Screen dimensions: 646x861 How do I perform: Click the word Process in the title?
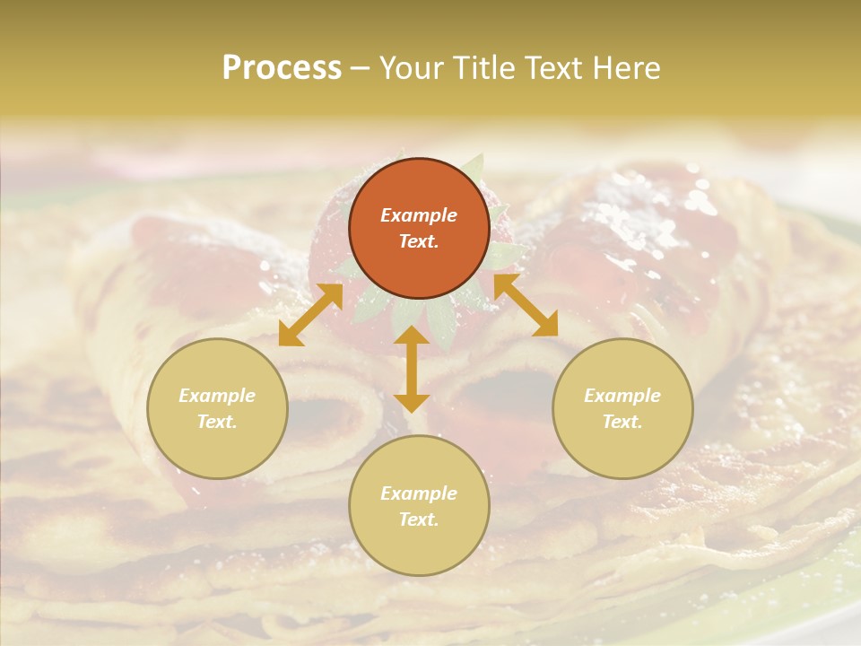(x=282, y=68)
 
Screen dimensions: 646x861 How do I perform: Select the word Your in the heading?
(x=413, y=68)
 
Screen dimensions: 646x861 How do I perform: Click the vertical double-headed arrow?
(x=412, y=369)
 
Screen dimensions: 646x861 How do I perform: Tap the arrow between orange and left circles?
(x=310, y=315)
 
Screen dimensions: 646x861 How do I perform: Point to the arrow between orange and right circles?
(x=526, y=305)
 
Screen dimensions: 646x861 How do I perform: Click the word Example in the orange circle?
(x=419, y=215)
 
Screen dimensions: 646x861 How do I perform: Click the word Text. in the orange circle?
(x=419, y=241)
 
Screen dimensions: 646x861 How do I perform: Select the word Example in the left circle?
(x=217, y=396)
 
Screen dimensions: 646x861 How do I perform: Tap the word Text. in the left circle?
(x=217, y=422)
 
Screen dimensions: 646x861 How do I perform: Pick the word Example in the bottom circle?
(x=419, y=493)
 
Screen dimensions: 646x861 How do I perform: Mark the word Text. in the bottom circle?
(x=419, y=519)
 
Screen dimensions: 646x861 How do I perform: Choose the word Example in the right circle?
(x=622, y=396)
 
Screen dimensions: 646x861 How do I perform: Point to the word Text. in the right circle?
(x=622, y=422)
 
